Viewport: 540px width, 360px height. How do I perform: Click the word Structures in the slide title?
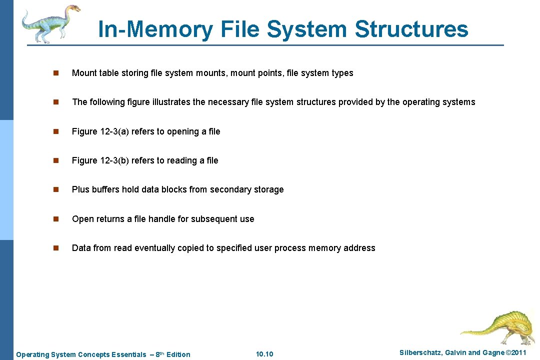pos(411,29)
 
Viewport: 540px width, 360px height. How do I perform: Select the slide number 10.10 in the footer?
pos(264,354)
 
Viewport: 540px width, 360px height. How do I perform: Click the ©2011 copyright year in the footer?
pos(516,353)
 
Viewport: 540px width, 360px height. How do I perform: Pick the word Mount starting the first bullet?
pos(84,73)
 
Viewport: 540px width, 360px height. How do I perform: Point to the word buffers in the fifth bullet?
pos(105,189)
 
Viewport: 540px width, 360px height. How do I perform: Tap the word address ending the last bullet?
pos(359,248)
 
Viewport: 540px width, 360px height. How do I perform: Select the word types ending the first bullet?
pos(342,73)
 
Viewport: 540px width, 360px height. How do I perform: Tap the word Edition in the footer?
pos(178,354)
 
